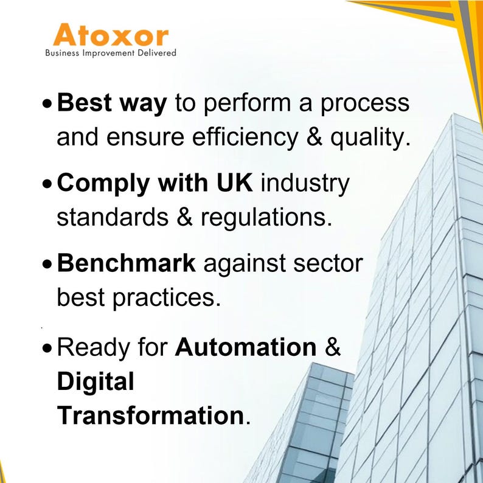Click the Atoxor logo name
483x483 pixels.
coord(110,35)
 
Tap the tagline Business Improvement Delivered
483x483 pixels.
coord(111,53)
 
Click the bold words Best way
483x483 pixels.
coord(111,104)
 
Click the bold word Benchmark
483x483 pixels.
coord(127,264)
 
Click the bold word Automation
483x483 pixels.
coord(246,347)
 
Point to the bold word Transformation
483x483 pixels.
coord(150,416)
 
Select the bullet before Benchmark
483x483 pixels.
coord(48,265)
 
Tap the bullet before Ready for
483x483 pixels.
coord(48,349)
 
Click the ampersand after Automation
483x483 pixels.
coord(333,347)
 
